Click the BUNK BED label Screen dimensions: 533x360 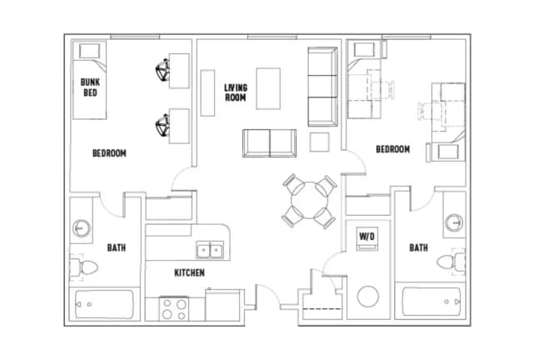pyautogui.click(x=90, y=87)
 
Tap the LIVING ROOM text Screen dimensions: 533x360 pyautogui.click(x=236, y=92)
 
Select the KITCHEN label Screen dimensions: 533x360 pyautogui.click(x=189, y=272)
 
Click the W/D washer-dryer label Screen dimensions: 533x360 pyautogui.click(x=367, y=236)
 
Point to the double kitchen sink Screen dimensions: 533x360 pyautogui.click(x=210, y=251)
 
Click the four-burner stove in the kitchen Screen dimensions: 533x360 pyautogui.click(x=174, y=309)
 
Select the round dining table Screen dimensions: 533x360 pyautogui.click(x=309, y=200)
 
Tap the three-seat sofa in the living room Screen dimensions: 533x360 pyautogui.click(x=322, y=87)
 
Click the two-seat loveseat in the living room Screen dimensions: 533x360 pyautogui.click(x=270, y=143)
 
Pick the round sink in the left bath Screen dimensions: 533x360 pyautogui.click(x=82, y=228)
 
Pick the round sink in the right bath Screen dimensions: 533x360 pyautogui.click(x=454, y=222)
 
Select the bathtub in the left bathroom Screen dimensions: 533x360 pyautogui.click(x=103, y=304)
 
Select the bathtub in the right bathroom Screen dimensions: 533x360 pyautogui.click(x=431, y=302)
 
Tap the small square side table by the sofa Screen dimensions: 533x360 pyautogui.click(x=320, y=142)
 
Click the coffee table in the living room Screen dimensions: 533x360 pyautogui.click(x=268, y=88)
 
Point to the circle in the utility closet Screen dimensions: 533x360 pyautogui.click(x=368, y=297)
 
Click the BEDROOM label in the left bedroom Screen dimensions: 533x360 pyautogui.click(x=109, y=153)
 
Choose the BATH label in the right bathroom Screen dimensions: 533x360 pyautogui.click(x=418, y=247)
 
